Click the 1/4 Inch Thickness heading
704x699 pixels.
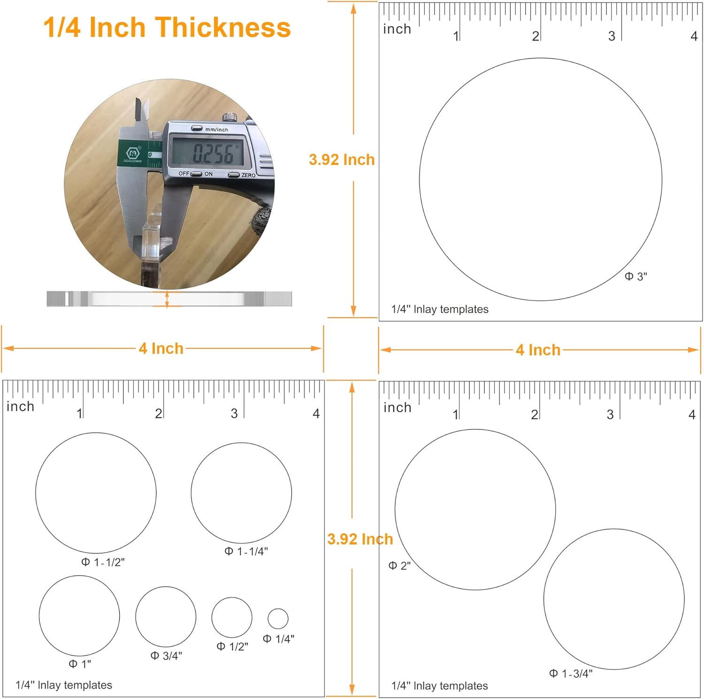tap(167, 27)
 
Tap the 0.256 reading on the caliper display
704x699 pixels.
tap(213, 153)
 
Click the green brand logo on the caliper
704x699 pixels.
tap(133, 153)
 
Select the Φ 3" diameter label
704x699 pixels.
tap(636, 277)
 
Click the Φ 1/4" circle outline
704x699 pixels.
tap(278, 609)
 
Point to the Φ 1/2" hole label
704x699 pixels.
tap(232, 646)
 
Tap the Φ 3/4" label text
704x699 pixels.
tap(166, 656)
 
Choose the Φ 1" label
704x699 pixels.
tap(80, 664)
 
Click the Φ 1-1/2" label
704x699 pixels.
tap(103, 562)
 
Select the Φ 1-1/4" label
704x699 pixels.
tap(246, 551)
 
